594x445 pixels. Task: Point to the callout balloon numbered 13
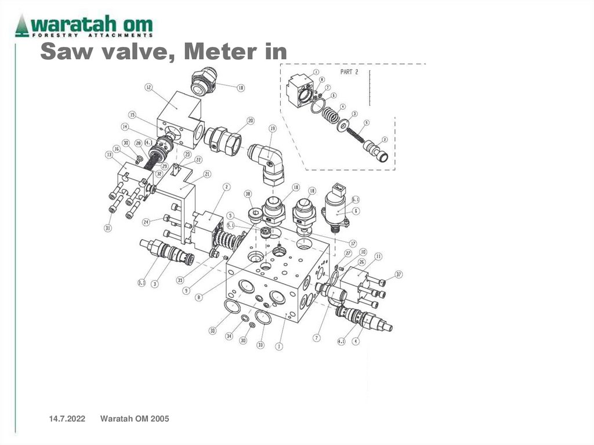coord(108,155)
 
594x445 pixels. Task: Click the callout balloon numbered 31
coord(107,228)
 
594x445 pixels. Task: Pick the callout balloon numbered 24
coord(147,221)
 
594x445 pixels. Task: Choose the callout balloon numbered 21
coord(207,173)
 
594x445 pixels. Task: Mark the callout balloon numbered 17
coord(352,243)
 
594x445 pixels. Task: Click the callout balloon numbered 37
coord(399,274)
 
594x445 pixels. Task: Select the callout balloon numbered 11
coord(378,256)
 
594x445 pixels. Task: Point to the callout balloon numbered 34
coord(229,336)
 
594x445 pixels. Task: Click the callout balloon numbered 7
coord(317,338)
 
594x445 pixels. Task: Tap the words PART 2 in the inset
coord(349,73)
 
